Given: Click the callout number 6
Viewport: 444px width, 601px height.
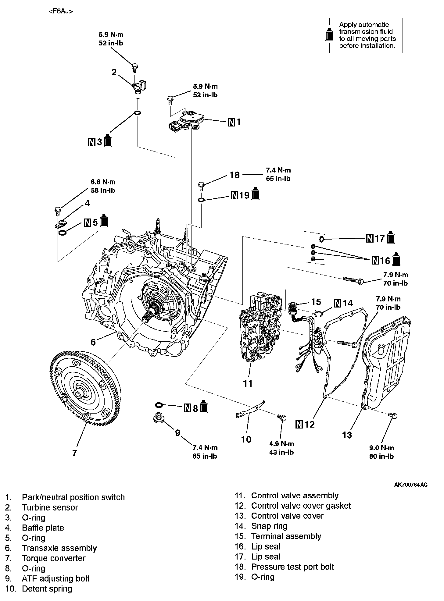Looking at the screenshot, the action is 93,342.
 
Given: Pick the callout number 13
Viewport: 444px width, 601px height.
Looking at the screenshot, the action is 347,435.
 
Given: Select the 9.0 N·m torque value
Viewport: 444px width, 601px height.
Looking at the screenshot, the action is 381,448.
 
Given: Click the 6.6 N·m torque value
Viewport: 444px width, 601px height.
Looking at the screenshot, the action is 103,182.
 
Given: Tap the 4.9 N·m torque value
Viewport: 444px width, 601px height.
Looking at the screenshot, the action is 281,444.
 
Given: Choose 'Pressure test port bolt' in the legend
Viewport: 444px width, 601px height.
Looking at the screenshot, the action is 293,567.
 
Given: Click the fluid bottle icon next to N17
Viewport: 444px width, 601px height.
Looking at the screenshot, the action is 391,237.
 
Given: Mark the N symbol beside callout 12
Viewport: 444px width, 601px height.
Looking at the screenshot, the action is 299,424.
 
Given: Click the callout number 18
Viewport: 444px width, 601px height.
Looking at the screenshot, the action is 235,175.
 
